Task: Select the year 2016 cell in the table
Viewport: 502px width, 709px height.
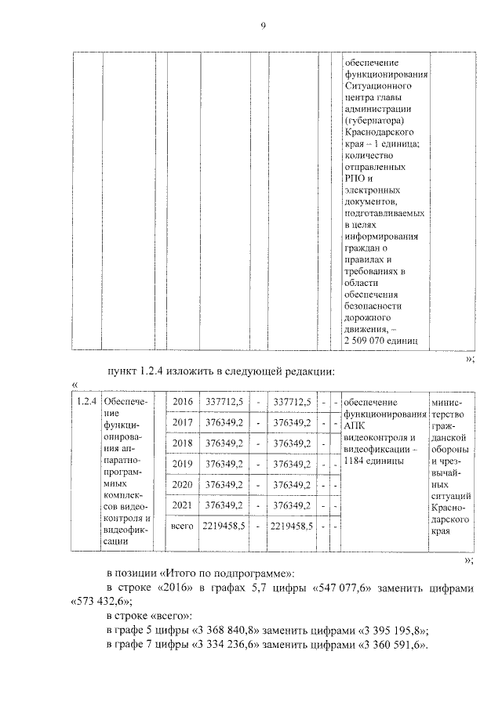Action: (183, 402)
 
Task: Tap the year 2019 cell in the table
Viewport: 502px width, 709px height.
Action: (183, 464)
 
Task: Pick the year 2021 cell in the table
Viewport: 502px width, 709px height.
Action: (183, 505)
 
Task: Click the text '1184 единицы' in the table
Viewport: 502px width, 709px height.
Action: (373, 461)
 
